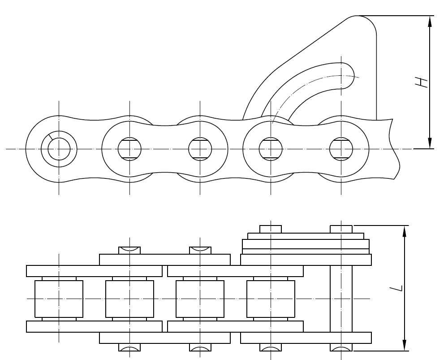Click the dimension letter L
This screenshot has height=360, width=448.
pyautogui.click(x=399, y=287)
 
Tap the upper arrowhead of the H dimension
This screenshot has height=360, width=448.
pyautogui.click(x=430, y=21)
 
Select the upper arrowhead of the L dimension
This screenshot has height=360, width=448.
pyautogui.click(x=405, y=230)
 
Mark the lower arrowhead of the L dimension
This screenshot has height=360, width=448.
pyautogui.click(x=405, y=346)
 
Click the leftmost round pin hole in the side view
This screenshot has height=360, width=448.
pyautogui.click(x=59, y=148)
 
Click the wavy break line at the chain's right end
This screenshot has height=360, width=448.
pyautogui.click(x=394, y=148)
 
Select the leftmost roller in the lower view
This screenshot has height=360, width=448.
pyautogui.click(x=59, y=299)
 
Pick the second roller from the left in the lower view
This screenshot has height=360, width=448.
pyautogui.click(x=129, y=299)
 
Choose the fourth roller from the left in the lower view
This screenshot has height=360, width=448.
pyautogui.click(x=271, y=299)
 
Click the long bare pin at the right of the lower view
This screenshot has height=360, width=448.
pyautogui.click(x=341, y=299)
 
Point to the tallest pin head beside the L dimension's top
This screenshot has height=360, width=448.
pyautogui.click(x=341, y=229)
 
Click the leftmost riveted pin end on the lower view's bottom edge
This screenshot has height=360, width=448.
pyautogui.click(x=129, y=347)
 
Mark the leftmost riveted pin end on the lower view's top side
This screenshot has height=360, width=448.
pyautogui.click(x=129, y=250)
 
